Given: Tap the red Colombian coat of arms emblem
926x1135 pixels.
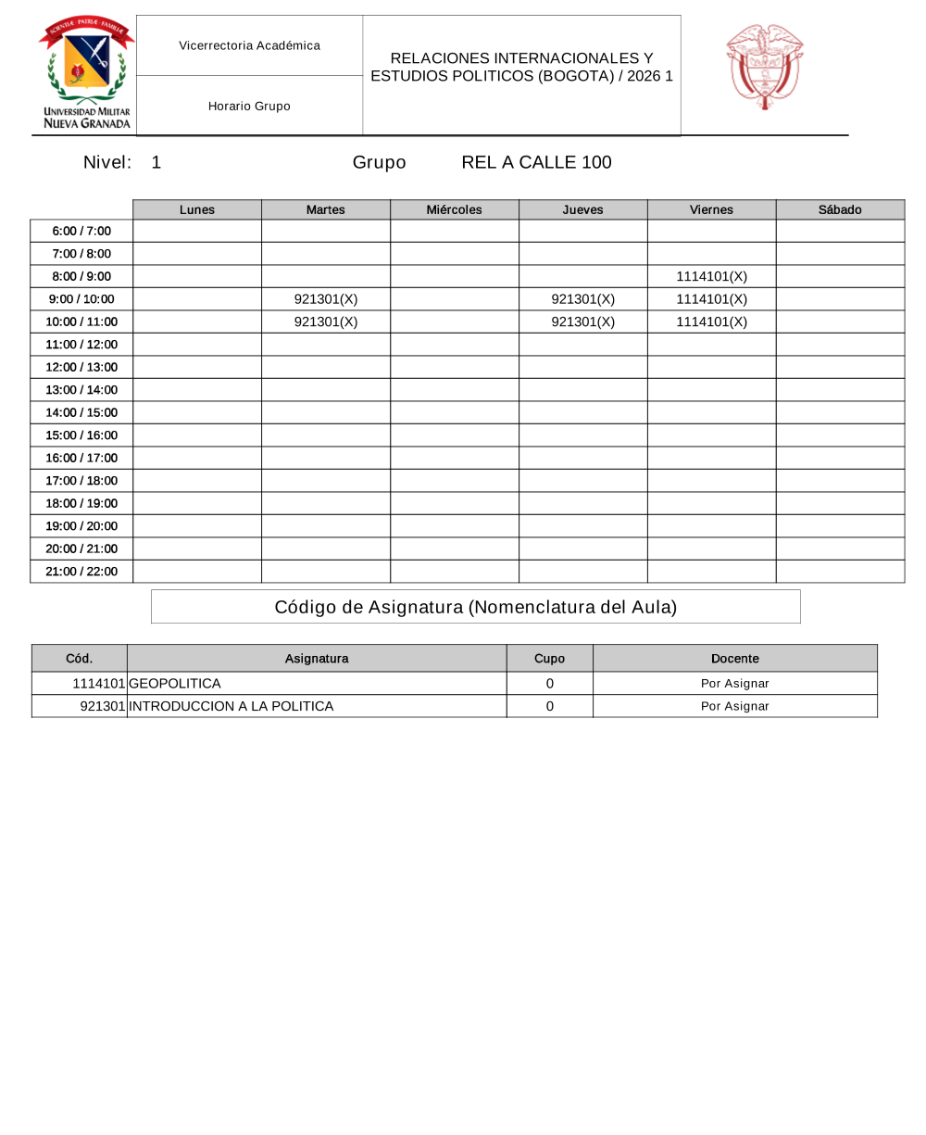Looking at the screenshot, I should click(764, 67).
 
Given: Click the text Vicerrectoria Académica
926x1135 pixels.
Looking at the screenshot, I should click(249, 45).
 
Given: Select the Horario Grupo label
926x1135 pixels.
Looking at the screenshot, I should click(249, 106).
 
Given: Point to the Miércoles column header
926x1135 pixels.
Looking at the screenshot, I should click(454, 209).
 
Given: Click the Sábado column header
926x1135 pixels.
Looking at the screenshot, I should click(840, 209).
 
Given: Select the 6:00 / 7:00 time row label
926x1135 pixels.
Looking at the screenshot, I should click(81, 231).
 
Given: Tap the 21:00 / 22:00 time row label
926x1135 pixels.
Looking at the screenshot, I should click(81, 571).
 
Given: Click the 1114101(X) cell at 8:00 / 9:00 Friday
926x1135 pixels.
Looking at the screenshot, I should click(711, 276).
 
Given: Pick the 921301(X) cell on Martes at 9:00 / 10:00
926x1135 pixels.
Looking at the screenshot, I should click(325, 298).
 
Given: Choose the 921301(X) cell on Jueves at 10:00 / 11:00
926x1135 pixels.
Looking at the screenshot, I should click(582, 322).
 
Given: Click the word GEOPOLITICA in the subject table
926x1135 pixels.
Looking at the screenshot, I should click(175, 684).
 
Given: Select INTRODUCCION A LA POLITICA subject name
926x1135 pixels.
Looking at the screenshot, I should click(231, 706).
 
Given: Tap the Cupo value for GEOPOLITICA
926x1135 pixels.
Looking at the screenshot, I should click(549, 684).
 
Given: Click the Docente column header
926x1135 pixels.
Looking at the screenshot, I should click(734, 658).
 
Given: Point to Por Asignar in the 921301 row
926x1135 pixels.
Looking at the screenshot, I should click(734, 706).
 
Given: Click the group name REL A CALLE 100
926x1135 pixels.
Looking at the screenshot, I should click(536, 162).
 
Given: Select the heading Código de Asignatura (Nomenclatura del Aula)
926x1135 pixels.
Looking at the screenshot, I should click(475, 607).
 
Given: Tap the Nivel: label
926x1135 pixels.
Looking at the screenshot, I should click(106, 162).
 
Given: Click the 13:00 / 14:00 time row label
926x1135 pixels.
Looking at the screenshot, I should click(81, 389).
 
